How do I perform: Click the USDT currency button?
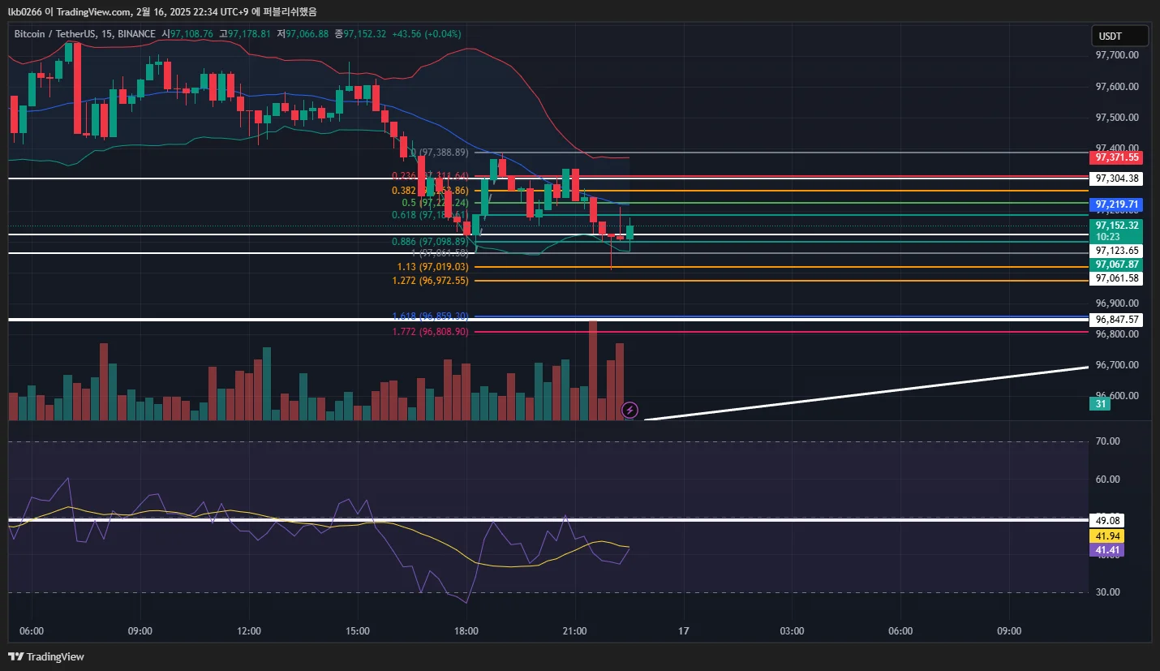(1119, 36)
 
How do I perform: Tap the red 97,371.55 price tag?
(1117, 157)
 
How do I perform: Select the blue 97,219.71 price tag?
(1117, 204)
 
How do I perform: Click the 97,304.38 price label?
(1117, 179)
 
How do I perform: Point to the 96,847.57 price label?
(1117, 320)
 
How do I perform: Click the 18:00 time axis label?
(466, 630)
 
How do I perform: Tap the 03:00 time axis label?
(792, 630)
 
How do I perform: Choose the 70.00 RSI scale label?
(1107, 441)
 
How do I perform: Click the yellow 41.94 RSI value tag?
(1107, 536)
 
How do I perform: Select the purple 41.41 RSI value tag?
(1107, 550)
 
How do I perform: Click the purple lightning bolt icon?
(629, 410)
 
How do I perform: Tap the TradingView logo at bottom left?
(46, 656)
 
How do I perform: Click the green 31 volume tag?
(1100, 404)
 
